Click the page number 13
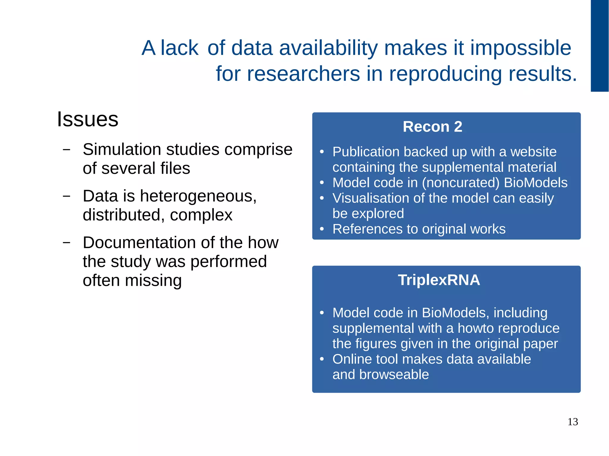[572, 422]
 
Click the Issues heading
[87, 119]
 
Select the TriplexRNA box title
[439, 280]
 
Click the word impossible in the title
[520, 48]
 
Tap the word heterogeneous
[198, 196]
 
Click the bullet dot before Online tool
[321, 359]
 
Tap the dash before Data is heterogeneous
[67, 196]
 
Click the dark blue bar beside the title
[599, 46]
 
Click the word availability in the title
[329, 48]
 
